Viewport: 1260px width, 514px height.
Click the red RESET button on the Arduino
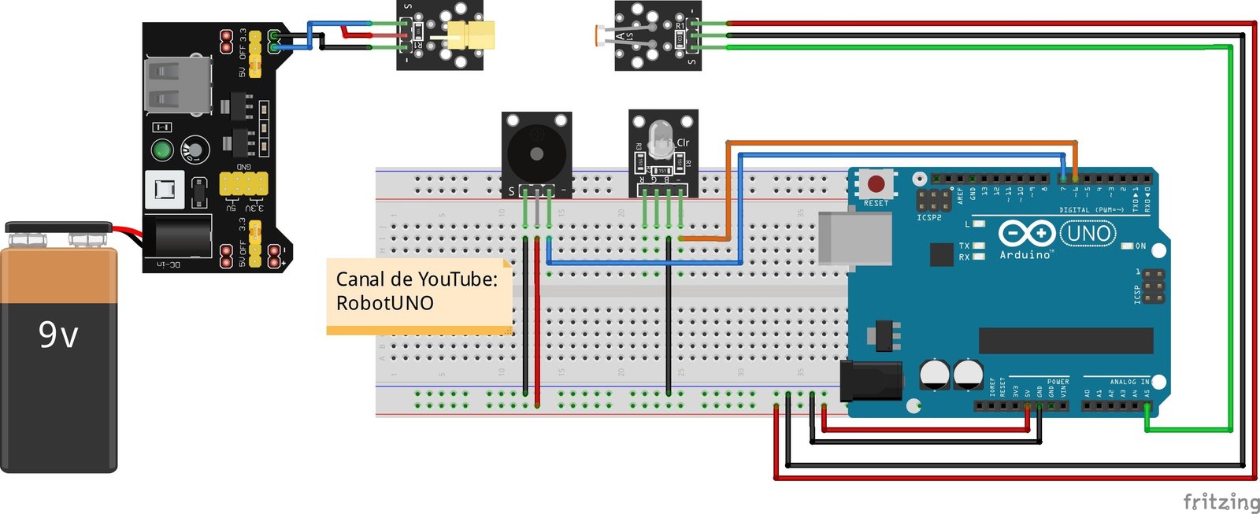tap(876, 184)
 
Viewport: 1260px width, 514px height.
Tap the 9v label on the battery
tap(58, 335)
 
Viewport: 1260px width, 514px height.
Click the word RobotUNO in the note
tap(384, 303)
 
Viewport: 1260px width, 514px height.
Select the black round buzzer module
tap(536, 153)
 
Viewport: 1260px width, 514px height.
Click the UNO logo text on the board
tap(1088, 233)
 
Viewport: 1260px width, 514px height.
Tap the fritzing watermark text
tap(1220, 501)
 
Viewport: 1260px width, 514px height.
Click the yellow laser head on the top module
tap(471, 35)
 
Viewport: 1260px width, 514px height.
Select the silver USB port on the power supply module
tap(178, 85)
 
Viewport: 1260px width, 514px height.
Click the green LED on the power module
tap(162, 150)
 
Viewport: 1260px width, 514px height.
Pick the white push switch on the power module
tap(165, 190)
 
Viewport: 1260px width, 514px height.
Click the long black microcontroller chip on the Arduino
tap(1065, 341)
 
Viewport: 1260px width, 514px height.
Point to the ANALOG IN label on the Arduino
tap(1128, 382)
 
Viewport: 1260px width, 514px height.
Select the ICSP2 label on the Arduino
tap(929, 217)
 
